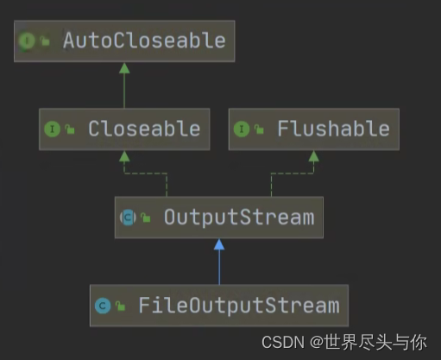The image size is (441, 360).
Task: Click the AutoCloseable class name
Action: click(144, 41)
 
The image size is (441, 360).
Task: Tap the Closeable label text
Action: click(144, 129)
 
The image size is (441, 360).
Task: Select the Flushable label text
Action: click(333, 129)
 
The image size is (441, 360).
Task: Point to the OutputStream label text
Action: click(239, 218)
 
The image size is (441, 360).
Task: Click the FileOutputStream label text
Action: click(239, 306)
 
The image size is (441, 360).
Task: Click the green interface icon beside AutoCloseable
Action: click(27, 41)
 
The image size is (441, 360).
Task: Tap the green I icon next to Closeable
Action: click(52, 129)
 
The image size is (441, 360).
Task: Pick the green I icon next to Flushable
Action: click(242, 129)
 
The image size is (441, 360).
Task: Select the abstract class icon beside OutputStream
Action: click(128, 218)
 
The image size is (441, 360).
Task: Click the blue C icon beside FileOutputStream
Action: click(103, 306)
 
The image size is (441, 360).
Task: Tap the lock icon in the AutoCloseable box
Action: click(45, 41)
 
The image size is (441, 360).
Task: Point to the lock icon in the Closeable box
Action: click(70, 129)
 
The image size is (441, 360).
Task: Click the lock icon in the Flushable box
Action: click(259, 129)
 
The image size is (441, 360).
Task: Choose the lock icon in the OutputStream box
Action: click(146, 218)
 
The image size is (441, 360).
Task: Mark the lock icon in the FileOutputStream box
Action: click(121, 306)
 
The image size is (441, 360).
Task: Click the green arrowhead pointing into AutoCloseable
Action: click(124, 68)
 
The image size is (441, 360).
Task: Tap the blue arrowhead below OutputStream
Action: click(219, 244)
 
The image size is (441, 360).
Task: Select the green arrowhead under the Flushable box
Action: click(313, 156)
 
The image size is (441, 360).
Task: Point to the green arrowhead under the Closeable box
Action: click(124, 156)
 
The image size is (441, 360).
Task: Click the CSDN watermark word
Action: click(283, 343)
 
